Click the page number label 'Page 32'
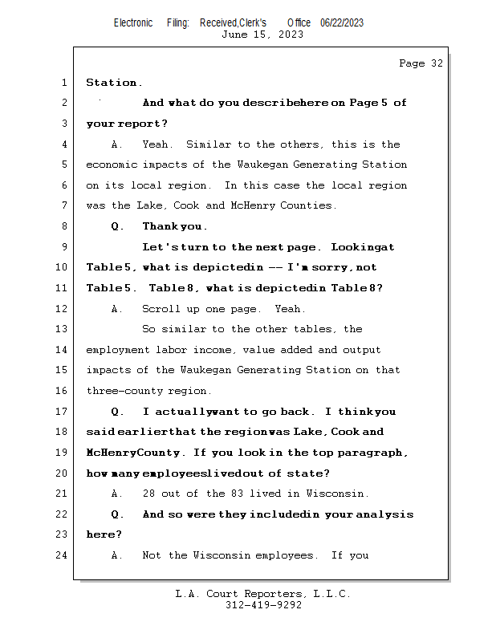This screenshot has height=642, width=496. coord(421,63)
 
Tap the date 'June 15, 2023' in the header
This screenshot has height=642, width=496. coord(262,35)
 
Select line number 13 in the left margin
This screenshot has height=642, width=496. coord(63,329)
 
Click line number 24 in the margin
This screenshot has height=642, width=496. coord(63,555)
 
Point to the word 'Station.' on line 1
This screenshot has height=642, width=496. coord(114,83)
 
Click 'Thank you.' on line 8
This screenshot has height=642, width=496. coord(174,226)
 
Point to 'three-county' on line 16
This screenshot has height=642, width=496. coord(120,391)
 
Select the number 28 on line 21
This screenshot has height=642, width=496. coord(148,494)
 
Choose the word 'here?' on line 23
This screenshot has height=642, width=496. coord(104,534)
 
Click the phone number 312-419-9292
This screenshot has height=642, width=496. coord(263,605)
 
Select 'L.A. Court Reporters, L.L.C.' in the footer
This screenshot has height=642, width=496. coord(263,594)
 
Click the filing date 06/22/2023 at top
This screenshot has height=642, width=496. coord(342,22)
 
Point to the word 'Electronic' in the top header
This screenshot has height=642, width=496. coord(133,22)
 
